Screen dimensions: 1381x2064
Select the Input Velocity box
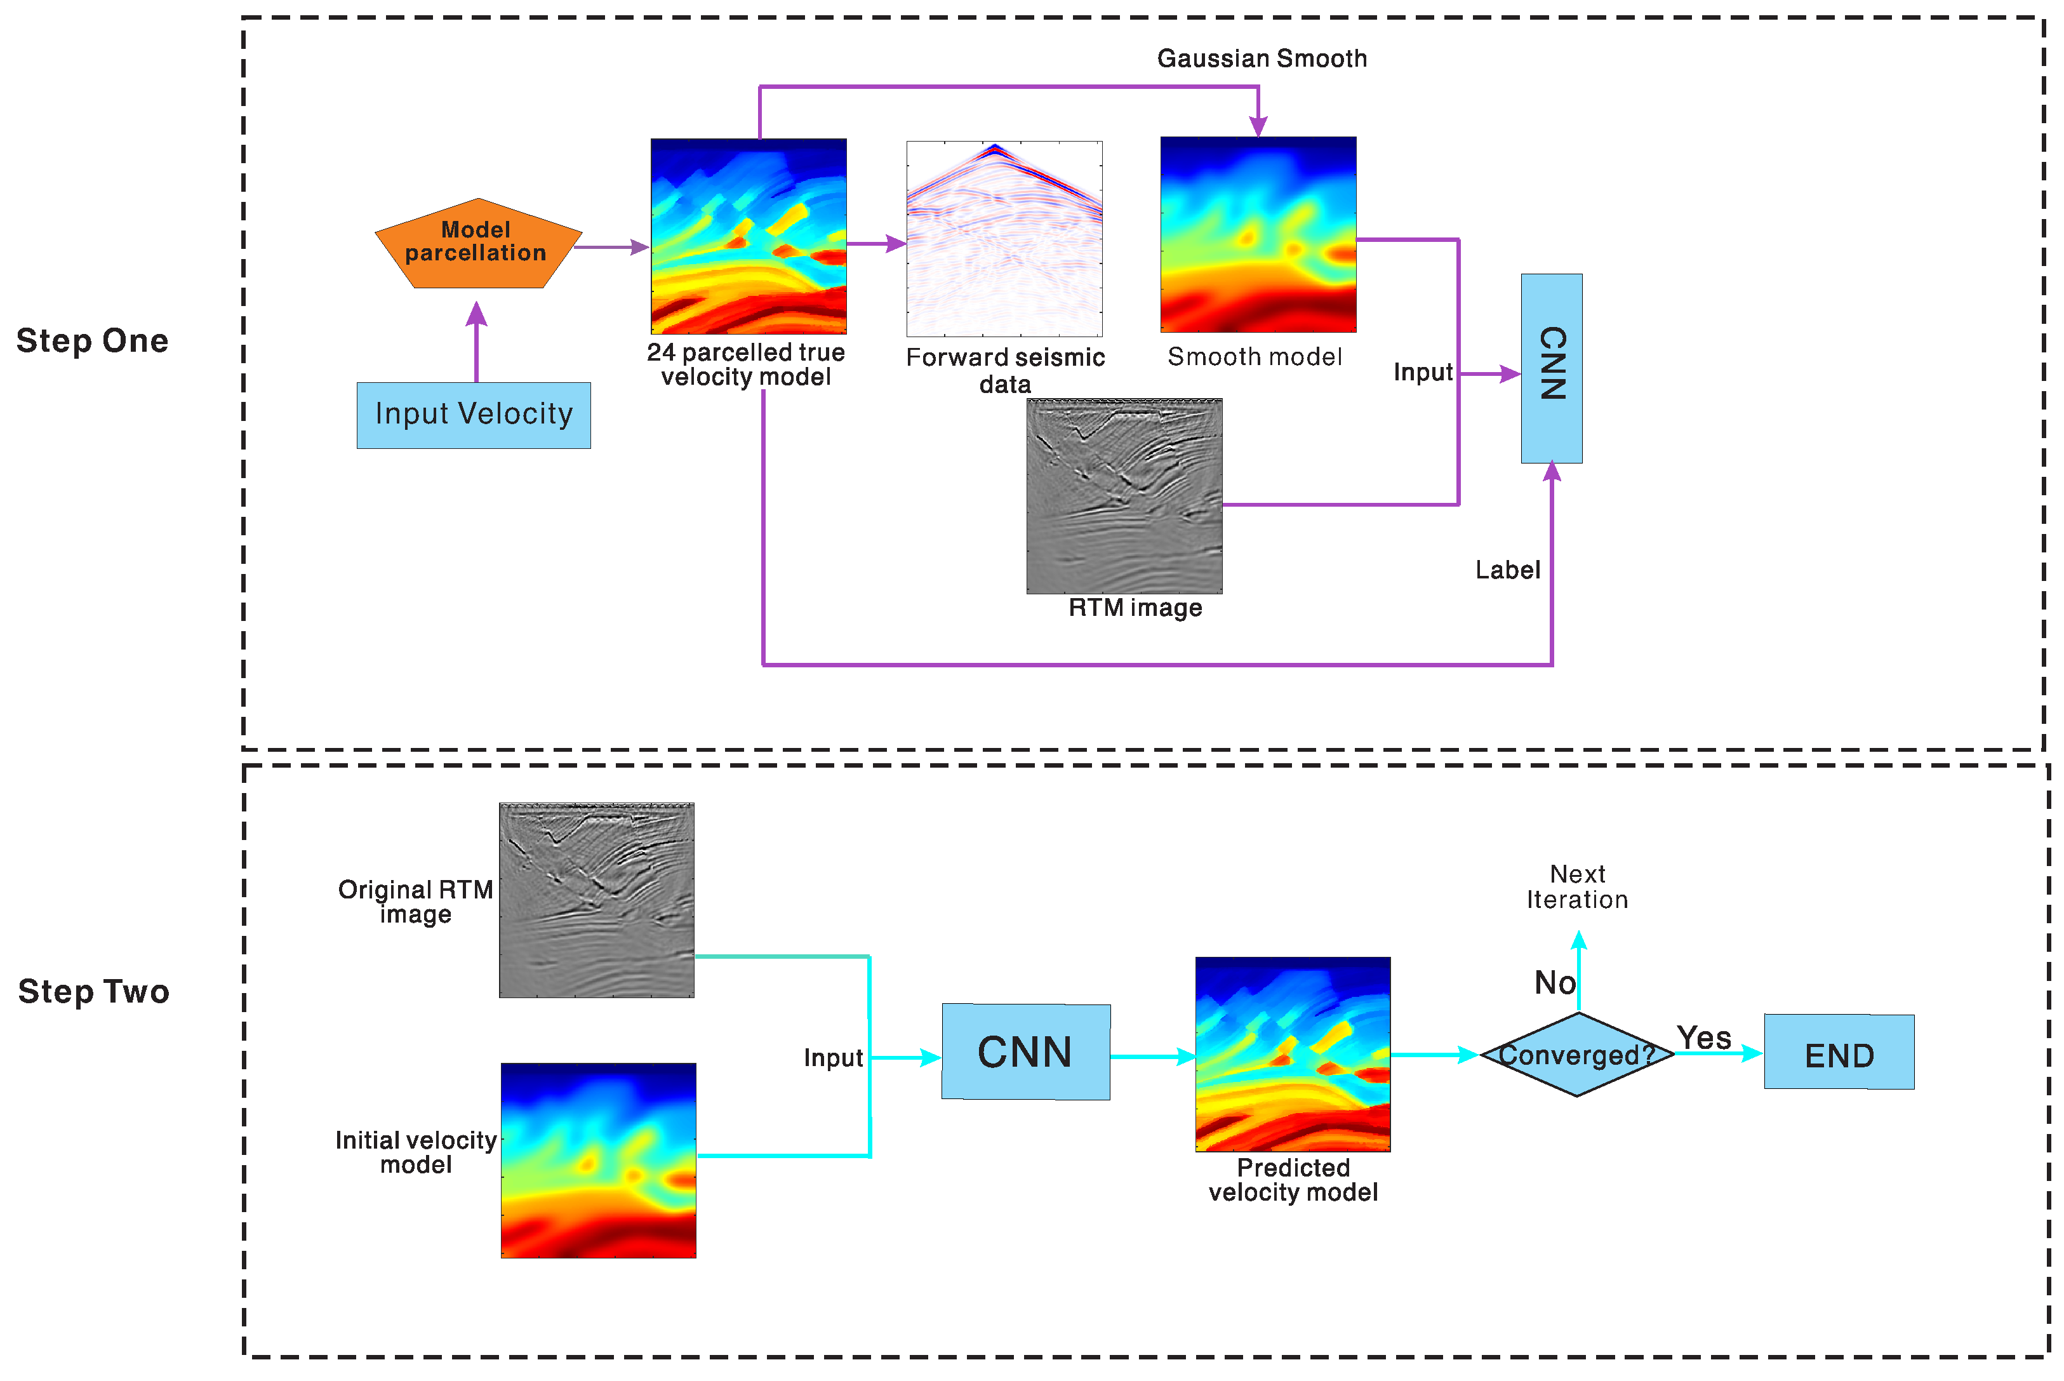click(474, 415)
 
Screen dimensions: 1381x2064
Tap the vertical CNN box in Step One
click(1552, 368)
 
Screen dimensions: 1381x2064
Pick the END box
click(1839, 1053)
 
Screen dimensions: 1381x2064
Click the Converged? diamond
click(1577, 1054)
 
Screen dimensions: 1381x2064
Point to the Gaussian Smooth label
click(1261, 58)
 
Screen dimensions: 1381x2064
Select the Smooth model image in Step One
click(1258, 234)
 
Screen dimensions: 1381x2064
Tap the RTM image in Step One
click(1124, 496)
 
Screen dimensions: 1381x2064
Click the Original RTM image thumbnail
click(596, 900)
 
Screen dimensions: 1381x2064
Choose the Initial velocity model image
click(598, 1160)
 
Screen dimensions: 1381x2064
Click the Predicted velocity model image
click(1293, 1054)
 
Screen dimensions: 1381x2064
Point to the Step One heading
click(93, 341)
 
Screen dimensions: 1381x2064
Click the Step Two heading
click(93, 992)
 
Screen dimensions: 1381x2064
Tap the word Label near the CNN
click(1507, 570)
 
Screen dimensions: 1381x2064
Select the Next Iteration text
click(1577, 887)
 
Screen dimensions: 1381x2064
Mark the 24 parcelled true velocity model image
click(749, 236)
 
